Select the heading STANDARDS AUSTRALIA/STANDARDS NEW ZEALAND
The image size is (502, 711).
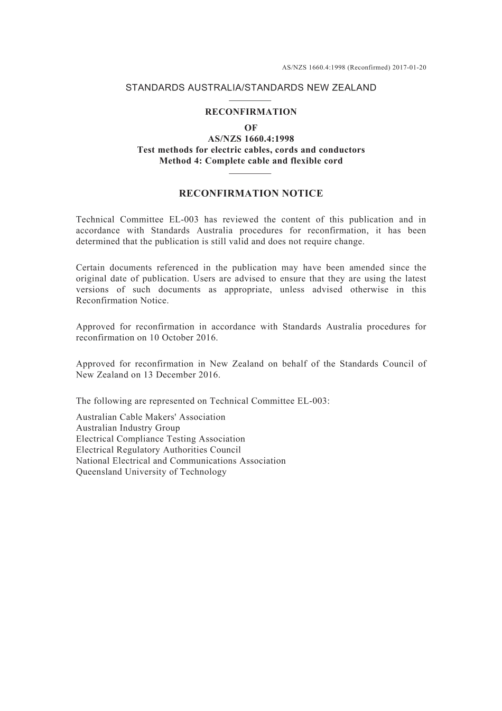pyautogui.click(x=251, y=88)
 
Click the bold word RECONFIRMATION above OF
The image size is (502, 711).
pyautogui.click(x=251, y=112)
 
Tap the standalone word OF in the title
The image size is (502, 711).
pyautogui.click(x=251, y=128)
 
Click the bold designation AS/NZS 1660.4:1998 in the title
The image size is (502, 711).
pyautogui.click(x=251, y=139)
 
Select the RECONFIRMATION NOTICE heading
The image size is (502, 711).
pyautogui.click(x=251, y=193)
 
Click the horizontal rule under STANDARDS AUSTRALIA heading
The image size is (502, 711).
pyautogui.click(x=251, y=100)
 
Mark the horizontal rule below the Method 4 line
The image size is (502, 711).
pyautogui.click(x=251, y=173)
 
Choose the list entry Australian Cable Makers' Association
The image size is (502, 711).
pyautogui.click(x=151, y=417)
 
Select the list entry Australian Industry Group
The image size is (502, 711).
pyautogui.click(x=128, y=428)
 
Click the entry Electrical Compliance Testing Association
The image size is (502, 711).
pyautogui.click(x=161, y=439)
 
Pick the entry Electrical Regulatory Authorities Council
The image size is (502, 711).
pyautogui.click(x=159, y=450)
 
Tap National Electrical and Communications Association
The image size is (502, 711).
pyautogui.click(x=181, y=461)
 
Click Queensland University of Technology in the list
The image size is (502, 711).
pyautogui.click(x=151, y=472)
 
